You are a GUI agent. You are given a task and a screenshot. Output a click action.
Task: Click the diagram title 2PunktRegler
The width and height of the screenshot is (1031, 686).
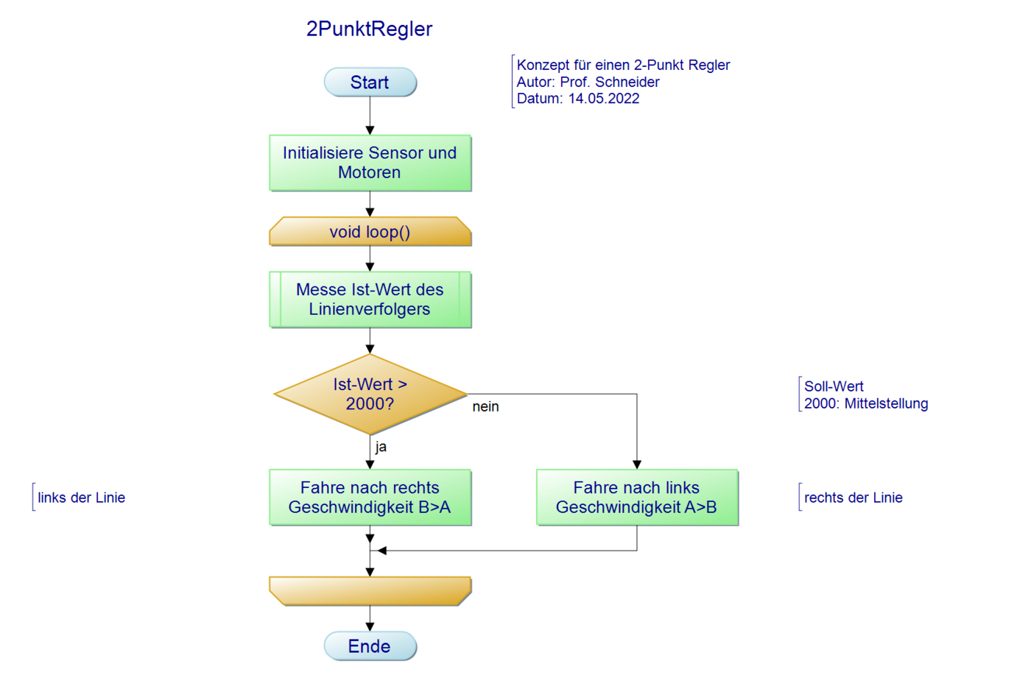[369, 29]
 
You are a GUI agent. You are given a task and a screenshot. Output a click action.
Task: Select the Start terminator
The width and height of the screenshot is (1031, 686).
[370, 82]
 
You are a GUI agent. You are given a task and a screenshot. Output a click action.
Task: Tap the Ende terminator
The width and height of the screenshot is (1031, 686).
[370, 646]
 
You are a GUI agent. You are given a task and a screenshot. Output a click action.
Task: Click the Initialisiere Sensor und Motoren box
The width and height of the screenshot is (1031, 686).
[370, 163]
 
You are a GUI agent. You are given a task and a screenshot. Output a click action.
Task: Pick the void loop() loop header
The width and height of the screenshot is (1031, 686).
[370, 232]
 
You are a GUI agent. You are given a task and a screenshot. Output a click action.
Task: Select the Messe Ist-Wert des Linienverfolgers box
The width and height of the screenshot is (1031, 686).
[370, 300]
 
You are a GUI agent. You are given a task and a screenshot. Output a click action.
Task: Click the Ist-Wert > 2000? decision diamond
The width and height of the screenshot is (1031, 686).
[370, 395]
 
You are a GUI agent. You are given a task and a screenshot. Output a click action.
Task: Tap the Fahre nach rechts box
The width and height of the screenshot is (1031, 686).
[370, 498]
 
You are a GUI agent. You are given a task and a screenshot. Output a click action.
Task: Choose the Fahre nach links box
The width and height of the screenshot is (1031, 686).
[637, 498]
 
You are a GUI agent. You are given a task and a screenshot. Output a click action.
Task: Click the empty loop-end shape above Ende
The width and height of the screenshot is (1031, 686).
[370, 590]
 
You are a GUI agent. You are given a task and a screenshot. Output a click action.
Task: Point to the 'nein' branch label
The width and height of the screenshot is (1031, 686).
[485, 407]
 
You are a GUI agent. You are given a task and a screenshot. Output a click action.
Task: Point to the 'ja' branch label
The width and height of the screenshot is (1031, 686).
[381, 447]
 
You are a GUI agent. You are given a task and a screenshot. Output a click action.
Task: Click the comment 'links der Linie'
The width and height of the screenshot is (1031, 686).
[81, 498]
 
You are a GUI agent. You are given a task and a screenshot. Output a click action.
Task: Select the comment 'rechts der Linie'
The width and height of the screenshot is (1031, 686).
[853, 498]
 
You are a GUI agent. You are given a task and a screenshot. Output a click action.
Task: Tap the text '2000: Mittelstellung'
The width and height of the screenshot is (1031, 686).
[865, 403]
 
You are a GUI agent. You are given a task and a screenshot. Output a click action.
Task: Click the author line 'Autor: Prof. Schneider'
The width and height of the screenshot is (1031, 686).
[588, 82]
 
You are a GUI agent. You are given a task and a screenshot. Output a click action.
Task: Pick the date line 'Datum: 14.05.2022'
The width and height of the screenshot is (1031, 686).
[577, 99]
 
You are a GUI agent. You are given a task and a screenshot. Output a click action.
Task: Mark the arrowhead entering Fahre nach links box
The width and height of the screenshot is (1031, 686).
[637, 464]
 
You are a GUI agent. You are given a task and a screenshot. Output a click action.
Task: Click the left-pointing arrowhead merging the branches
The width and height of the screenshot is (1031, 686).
[382, 551]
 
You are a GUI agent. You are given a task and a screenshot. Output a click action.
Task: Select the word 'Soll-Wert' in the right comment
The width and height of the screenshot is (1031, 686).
[834, 386]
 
